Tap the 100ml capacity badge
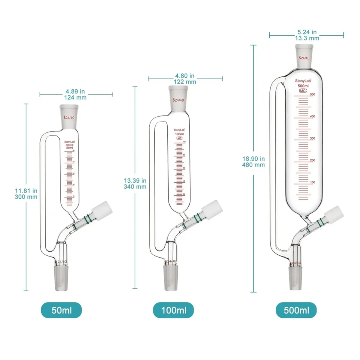pyautogui.click(x=173, y=310)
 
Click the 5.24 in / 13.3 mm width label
pyautogui.click(x=306, y=35)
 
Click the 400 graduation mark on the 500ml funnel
pyautogui.click(x=312, y=117)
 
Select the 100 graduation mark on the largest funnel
pyautogui.click(x=312, y=182)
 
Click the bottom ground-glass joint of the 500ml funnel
pyautogui.click(x=295, y=274)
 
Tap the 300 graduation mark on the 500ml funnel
pyautogui.click(x=312, y=138)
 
